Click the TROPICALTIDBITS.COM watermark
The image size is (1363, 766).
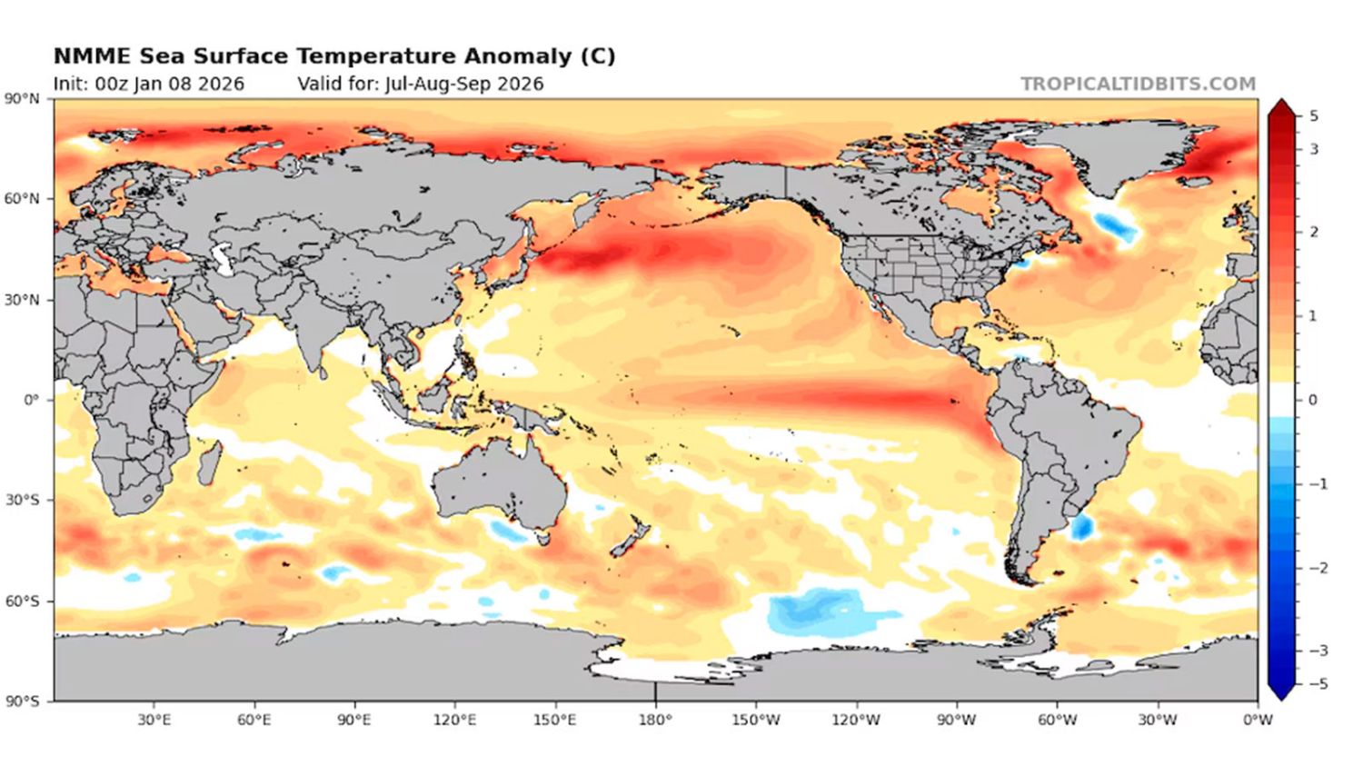[x=1138, y=84]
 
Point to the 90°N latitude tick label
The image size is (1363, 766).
[x=23, y=98]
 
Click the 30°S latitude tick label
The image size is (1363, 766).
[x=23, y=501]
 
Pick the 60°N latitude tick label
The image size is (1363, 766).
[x=23, y=199]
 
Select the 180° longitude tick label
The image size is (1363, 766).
[x=655, y=720]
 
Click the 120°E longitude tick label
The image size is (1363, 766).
[x=454, y=720]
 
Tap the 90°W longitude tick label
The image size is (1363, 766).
[x=956, y=720]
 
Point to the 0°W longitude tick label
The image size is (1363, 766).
[x=1258, y=720]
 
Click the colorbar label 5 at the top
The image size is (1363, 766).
[x=1313, y=116]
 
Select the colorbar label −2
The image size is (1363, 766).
[x=1317, y=568]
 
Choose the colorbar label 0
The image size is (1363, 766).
[x=1312, y=400]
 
